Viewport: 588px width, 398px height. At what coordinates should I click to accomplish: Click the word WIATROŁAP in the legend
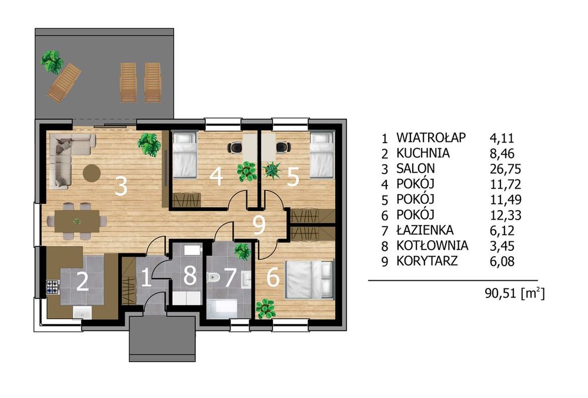point(431,137)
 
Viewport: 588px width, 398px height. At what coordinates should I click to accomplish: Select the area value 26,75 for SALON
point(506,169)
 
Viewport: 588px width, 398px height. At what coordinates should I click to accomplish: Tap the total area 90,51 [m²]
point(514,293)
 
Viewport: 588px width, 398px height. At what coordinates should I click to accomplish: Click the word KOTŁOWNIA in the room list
point(432,246)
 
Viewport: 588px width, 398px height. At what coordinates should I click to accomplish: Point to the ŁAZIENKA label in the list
point(425,230)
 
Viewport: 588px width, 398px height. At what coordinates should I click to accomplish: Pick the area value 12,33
point(506,215)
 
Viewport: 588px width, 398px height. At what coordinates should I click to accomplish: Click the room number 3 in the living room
point(121,186)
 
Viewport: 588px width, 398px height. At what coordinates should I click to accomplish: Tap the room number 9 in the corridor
point(259,225)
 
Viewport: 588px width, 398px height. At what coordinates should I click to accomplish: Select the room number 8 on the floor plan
point(190,275)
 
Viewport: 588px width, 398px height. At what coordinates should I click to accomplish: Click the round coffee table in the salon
point(92,174)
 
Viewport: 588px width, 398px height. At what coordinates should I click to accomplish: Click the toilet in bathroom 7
point(213,278)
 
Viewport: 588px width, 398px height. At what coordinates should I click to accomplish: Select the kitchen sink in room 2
point(82,313)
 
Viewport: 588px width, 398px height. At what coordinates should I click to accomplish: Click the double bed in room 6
point(309,280)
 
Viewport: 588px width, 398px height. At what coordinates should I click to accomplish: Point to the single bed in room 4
point(185,155)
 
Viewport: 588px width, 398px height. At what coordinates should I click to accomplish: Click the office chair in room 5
point(283,147)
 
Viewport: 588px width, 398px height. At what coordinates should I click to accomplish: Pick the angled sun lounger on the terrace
point(64,83)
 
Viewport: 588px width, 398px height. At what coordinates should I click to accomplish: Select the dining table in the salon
point(77,221)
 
